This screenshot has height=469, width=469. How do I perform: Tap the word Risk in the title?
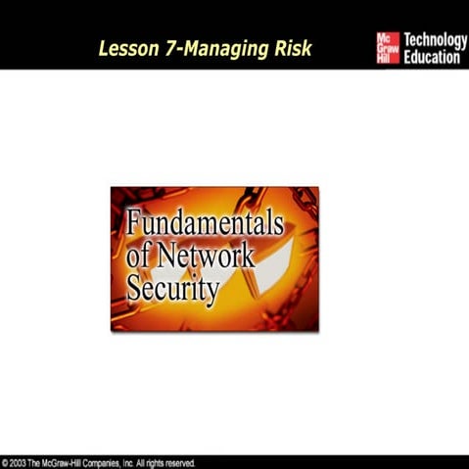point(289,48)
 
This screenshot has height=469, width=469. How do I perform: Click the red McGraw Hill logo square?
point(388,48)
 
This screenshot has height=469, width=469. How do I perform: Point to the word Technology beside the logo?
point(436,39)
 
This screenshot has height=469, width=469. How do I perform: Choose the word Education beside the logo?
point(432,58)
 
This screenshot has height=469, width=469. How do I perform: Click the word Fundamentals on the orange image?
point(205,224)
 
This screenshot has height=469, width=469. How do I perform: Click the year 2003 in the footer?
point(21,462)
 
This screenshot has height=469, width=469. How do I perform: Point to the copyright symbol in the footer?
point(6,462)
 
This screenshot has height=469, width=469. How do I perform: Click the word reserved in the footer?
point(179,462)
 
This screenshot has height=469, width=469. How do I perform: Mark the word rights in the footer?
point(153,462)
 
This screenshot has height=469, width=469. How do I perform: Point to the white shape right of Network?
point(275,259)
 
